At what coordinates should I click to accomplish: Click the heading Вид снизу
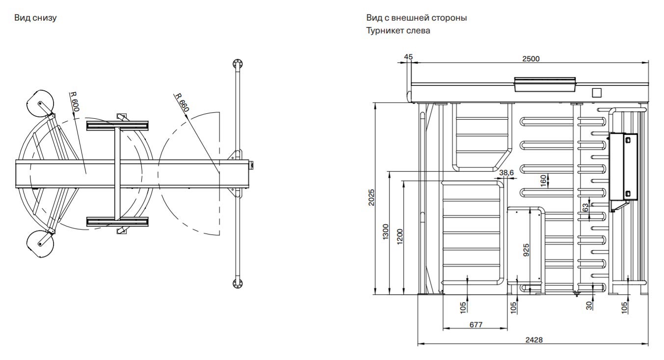click(x=36, y=18)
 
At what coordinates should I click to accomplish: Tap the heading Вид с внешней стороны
click(x=416, y=18)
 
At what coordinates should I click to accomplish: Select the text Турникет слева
click(x=398, y=30)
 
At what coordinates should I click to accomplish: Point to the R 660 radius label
click(x=181, y=103)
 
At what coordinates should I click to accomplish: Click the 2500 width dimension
click(x=531, y=58)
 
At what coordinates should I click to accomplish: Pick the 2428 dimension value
click(x=533, y=339)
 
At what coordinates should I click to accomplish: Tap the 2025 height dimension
click(x=372, y=198)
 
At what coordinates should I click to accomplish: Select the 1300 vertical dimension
click(x=386, y=232)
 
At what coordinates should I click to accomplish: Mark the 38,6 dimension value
click(x=506, y=173)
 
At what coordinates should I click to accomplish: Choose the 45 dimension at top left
click(x=408, y=57)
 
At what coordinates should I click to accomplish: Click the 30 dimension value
click(x=589, y=305)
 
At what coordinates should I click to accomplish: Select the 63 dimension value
click(x=585, y=207)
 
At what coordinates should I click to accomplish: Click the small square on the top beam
click(x=597, y=93)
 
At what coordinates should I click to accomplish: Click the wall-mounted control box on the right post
click(x=623, y=168)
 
